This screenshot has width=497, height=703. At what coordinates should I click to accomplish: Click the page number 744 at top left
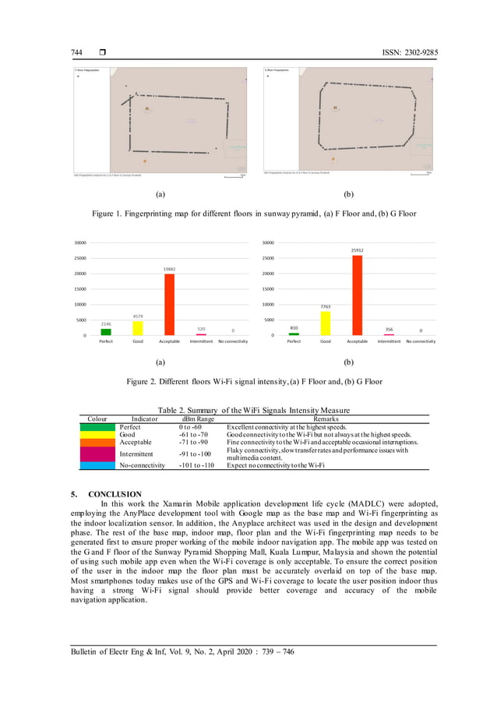(78, 52)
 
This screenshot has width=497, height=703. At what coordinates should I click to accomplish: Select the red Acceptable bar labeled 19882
(169, 305)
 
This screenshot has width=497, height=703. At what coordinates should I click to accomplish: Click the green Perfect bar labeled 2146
(106, 332)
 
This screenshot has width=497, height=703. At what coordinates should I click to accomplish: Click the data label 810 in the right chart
(294, 328)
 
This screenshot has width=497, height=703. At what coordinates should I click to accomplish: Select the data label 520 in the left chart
(201, 329)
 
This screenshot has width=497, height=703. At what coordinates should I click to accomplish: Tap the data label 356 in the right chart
(389, 330)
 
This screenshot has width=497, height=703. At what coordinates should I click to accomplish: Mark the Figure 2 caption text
(248, 382)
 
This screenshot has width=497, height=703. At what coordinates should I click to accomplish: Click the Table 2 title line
(253, 410)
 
